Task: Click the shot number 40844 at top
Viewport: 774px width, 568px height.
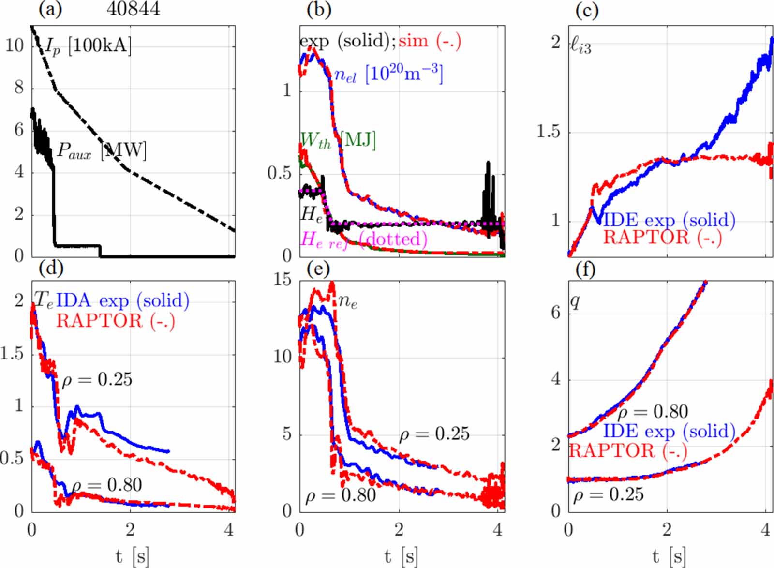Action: coord(133,9)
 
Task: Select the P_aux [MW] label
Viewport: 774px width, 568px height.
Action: coord(102,150)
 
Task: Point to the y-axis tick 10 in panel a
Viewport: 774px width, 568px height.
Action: coord(15,45)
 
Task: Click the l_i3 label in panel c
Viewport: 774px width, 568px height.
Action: coord(580,46)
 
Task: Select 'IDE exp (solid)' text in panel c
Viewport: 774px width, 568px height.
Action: coord(669,220)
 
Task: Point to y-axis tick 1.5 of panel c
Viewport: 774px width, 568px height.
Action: coord(549,132)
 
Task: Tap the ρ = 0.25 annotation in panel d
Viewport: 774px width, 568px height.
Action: coord(97,380)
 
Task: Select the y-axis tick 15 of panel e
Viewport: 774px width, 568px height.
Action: coord(283,280)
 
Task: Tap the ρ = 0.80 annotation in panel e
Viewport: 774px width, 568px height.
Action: coord(341,495)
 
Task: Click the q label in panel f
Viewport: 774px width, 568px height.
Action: coord(575,301)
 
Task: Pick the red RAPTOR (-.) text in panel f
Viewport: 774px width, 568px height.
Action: coord(628,451)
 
